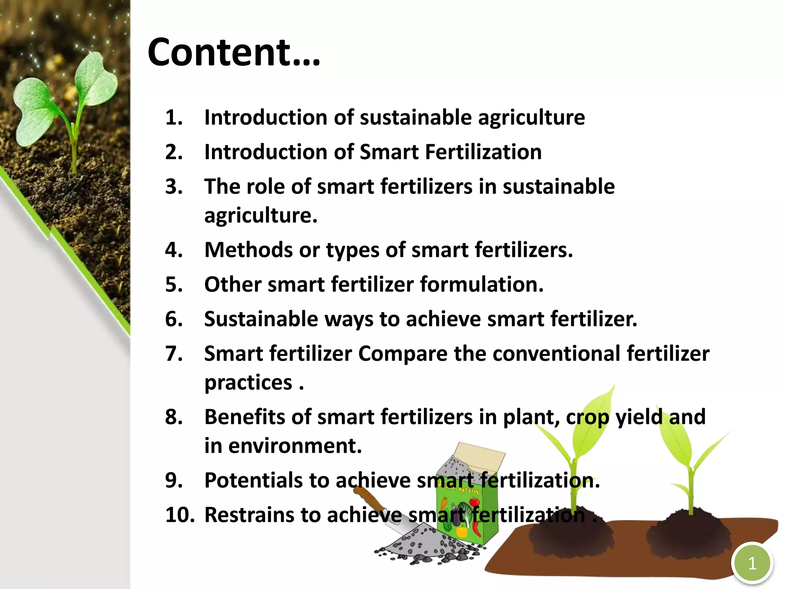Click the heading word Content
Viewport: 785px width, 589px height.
pos(234,53)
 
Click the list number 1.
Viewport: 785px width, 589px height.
pos(174,117)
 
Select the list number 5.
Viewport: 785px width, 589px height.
pos(174,285)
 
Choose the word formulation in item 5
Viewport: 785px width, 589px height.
pos(481,285)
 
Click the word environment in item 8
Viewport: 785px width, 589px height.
pos(295,446)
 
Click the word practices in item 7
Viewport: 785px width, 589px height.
pos(248,383)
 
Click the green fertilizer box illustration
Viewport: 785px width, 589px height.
pos(468,510)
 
